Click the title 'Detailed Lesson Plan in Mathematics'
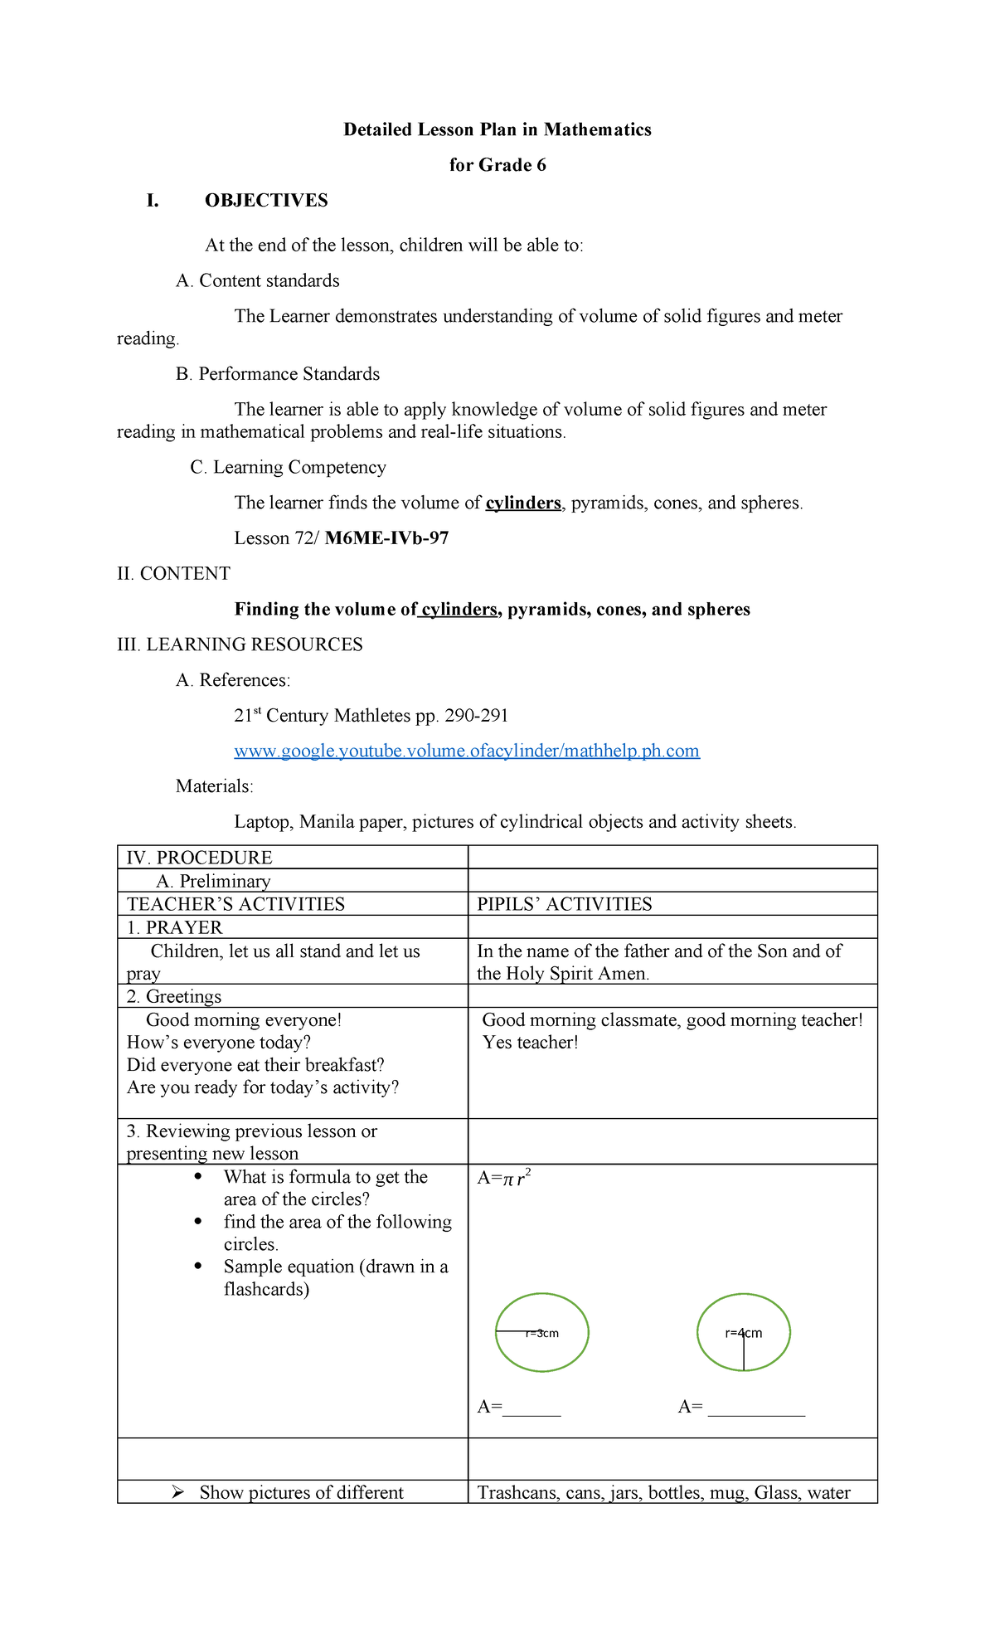coord(498,129)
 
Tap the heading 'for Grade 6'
coord(498,165)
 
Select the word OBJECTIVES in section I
coord(266,201)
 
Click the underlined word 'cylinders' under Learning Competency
coord(523,503)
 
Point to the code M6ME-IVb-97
coord(386,538)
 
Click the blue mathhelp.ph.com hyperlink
coord(467,751)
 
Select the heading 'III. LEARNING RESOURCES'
coord(240,644)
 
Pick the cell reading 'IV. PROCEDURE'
coord(199,858)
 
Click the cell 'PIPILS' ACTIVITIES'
coord(565,904)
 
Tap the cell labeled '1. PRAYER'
coord(175,927)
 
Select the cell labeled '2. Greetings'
coord(174,996)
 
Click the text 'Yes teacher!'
coord(531,1043)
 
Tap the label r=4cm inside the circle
coord(743,1333)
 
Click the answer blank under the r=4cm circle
coord(755,1408)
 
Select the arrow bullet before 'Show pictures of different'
coord(177,1493)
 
